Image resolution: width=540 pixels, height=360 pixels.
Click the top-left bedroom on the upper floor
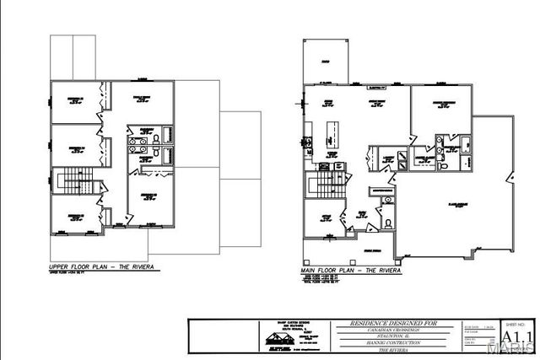[74, 101]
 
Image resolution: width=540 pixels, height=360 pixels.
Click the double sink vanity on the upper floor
[144, 148]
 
